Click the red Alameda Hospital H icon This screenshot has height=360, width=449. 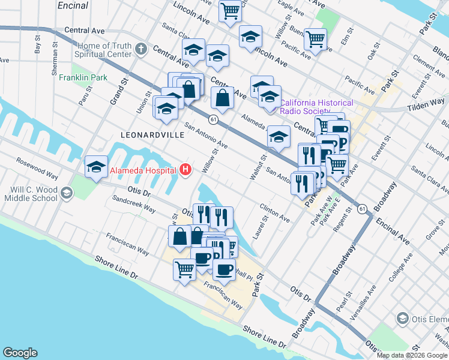[x=185, y=170]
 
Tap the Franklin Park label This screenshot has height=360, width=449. [x=83, y=77]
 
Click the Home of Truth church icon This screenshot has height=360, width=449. [x=140, y=49]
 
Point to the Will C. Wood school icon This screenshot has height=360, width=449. [x=65, y=193]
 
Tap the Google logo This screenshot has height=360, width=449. [x=20, y=353]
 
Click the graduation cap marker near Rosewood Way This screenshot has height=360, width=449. [x=96, y=167]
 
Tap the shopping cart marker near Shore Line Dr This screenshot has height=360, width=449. [x=184, y=269]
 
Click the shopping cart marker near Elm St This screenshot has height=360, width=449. [x=315, y=39]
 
